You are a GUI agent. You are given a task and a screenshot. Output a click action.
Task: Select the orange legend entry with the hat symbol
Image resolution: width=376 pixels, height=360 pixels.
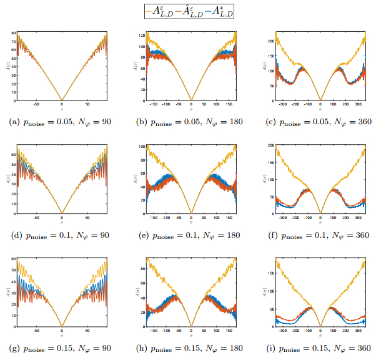[189, 10]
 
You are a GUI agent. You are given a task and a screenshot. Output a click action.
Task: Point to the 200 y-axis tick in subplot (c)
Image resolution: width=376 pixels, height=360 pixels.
[270, 40]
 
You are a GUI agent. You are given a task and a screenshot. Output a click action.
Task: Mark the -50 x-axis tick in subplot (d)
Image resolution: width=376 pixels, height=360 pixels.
[36, 218]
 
